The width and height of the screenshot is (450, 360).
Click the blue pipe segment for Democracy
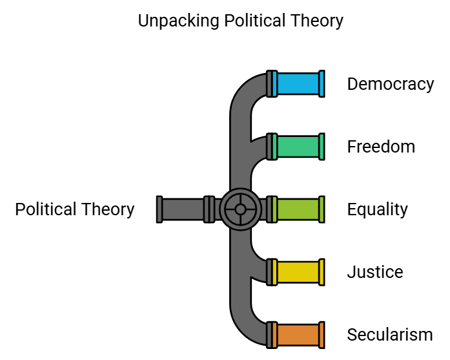point(298,84)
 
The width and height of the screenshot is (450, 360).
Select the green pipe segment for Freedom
point(298,147)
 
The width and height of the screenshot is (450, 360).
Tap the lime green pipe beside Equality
point(298,209)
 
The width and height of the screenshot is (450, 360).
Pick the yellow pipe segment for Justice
point(298,272)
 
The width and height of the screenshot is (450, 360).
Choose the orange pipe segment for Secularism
point(298,335)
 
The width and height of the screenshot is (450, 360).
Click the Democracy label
point(390,84)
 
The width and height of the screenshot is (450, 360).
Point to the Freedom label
point(381,147)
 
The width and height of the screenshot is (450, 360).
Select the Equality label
point(378,209)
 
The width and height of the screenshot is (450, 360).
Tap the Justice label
point(375,272)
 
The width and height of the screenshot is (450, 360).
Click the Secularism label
point(390,335)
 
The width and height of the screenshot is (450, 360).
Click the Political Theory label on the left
point(75,209)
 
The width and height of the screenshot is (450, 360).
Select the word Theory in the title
point(316,21)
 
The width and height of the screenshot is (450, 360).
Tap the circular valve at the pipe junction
point(240,209)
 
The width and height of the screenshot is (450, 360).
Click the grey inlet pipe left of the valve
point(183,209)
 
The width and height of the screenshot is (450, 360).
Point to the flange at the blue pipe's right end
point(322,84)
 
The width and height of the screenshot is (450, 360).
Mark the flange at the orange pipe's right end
point(322,335)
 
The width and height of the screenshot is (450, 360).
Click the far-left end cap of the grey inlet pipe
point(159,209)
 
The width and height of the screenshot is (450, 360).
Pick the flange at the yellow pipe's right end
point(322,272)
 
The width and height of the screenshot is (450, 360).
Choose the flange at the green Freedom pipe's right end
point(322,147)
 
